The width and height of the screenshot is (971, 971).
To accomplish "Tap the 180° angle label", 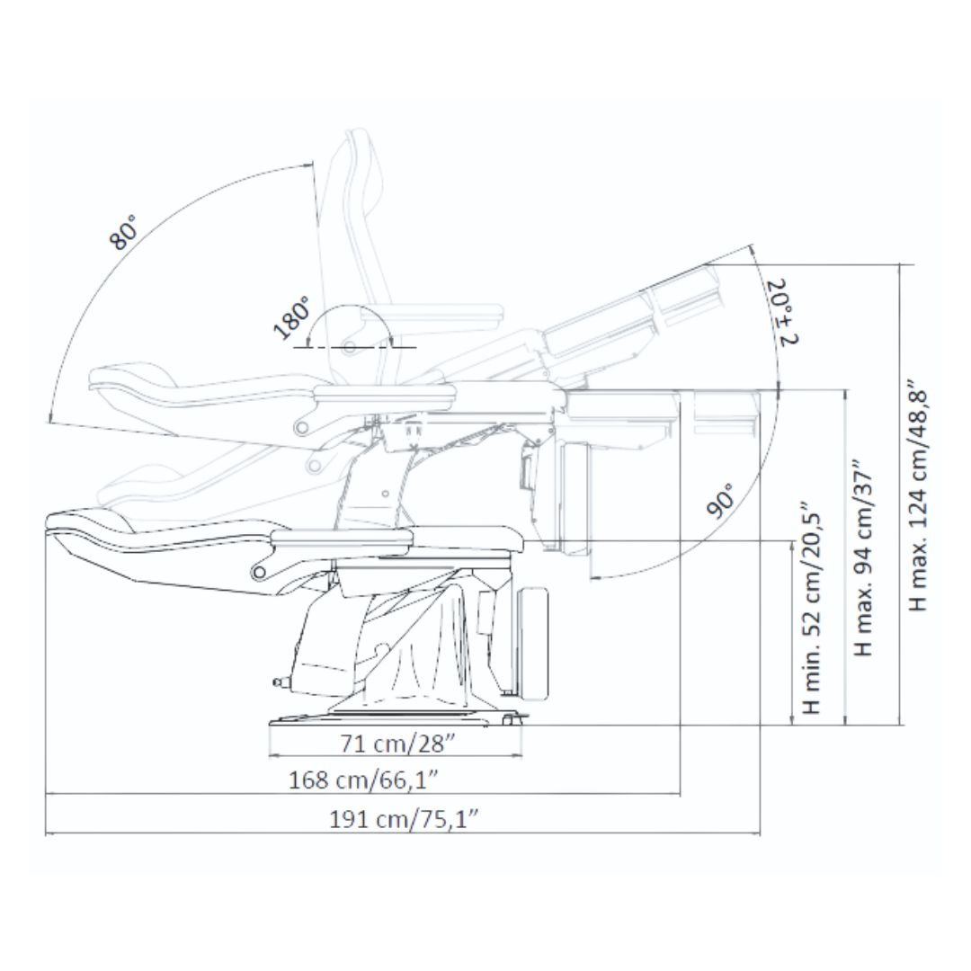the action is tap(291, 318).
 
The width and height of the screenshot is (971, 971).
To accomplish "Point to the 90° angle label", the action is tap(719, 499).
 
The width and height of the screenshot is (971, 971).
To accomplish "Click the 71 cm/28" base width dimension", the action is tap(397, 743).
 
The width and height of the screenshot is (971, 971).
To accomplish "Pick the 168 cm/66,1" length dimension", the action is tap(364, 779).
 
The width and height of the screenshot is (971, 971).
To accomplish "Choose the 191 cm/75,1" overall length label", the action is tap(404, 819).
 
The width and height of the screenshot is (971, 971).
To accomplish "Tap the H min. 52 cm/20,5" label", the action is tap(811, 608).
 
